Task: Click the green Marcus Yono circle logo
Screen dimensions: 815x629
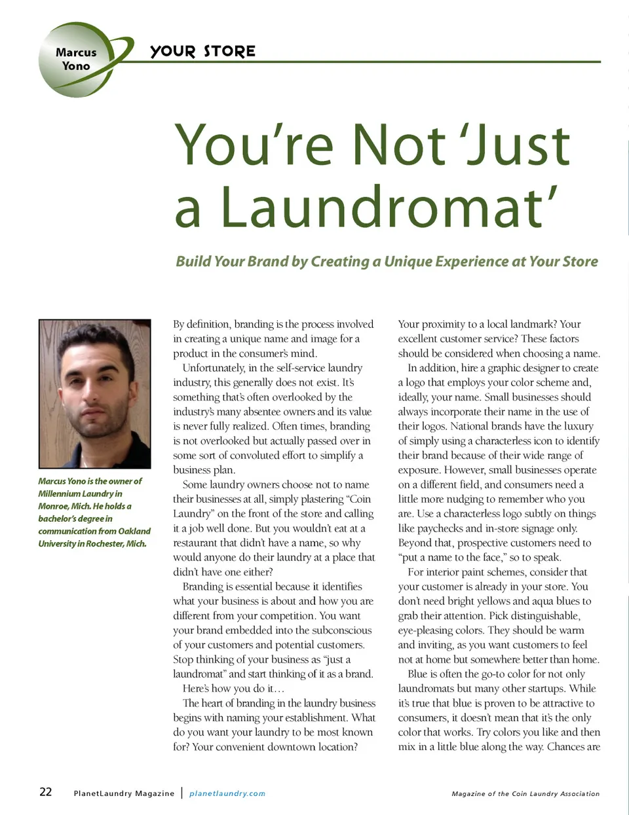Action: pos(77,60)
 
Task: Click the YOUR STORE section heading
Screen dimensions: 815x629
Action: pos(202,51)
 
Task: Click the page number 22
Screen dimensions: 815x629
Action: pos(45,792)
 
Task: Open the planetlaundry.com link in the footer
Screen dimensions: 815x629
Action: pos(227,793)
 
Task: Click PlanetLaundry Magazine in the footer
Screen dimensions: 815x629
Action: pos(124,793)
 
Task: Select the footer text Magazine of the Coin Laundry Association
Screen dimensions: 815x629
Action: pos(525,793)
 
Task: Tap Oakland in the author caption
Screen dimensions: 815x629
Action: pos(134,531)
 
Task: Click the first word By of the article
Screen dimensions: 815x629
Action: pos(179,324)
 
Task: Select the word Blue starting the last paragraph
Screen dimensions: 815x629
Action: pos(417,674)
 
